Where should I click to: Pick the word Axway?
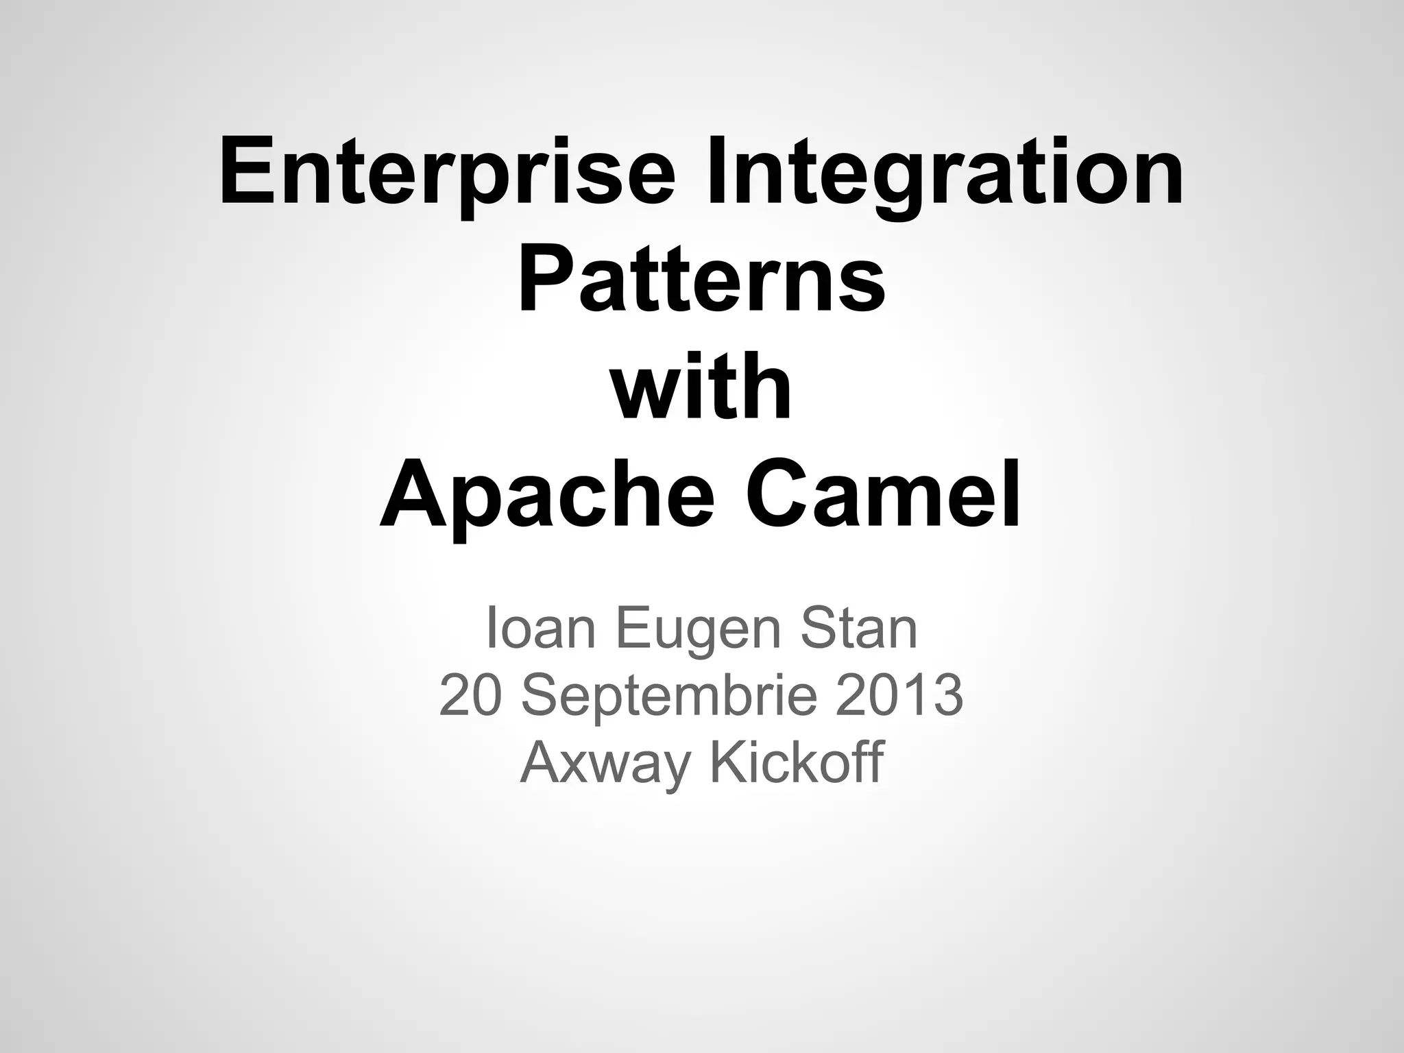point(604,764)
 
